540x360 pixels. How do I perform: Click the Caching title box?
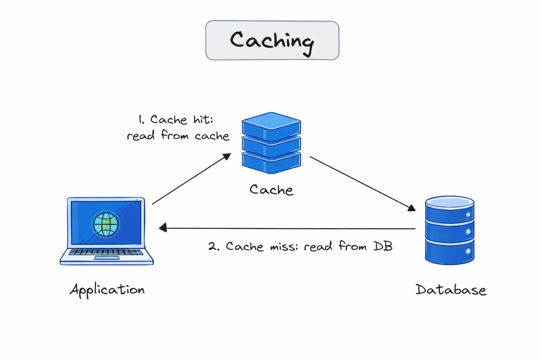tap(272, 40)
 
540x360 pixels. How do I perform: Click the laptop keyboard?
tap(107, 252)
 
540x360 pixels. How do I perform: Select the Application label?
tap(107, 289)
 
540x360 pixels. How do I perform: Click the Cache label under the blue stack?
tap(271, 189)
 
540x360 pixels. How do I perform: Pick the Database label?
tap(450, 289)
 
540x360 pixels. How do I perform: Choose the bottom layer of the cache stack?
tap(271, 160)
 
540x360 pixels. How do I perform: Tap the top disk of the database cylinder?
tap(450, 209)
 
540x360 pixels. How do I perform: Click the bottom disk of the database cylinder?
tap(450, 251)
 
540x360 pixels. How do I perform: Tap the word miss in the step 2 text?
tap(283, 247)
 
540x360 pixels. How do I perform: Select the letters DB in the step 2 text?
tap(383, 247)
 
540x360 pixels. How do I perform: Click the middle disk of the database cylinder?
tap(450, 231)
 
